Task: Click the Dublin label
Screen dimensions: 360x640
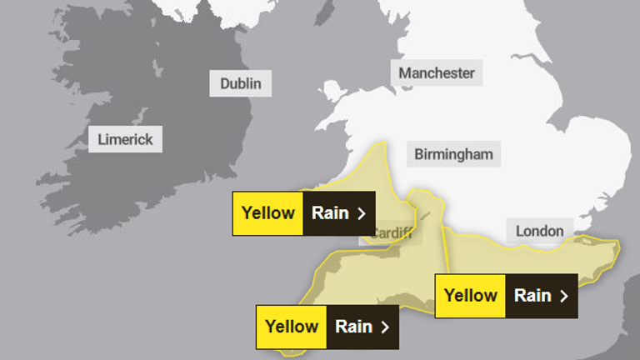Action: pos(240,83)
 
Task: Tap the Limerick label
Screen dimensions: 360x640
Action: pos(125,139)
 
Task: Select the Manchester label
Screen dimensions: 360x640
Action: pos(436,72)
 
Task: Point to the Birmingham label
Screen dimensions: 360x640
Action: pos(453,154)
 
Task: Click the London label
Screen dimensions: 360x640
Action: pos(539,231)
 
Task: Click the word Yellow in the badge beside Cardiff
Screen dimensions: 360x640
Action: pos(267,212)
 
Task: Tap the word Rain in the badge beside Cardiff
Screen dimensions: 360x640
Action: pos(329,212)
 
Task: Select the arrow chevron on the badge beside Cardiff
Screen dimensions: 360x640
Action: pos(362,213)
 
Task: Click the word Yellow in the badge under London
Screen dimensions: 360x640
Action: pos(471,295)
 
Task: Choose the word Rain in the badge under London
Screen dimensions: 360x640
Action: pos(532,295)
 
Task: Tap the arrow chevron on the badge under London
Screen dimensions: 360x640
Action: pos(564,296)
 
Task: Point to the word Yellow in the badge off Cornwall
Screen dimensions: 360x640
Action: pos(292,326)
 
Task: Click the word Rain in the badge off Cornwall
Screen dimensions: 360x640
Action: pos(353,326)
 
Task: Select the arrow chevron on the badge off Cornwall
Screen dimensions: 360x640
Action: pos(385,327)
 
